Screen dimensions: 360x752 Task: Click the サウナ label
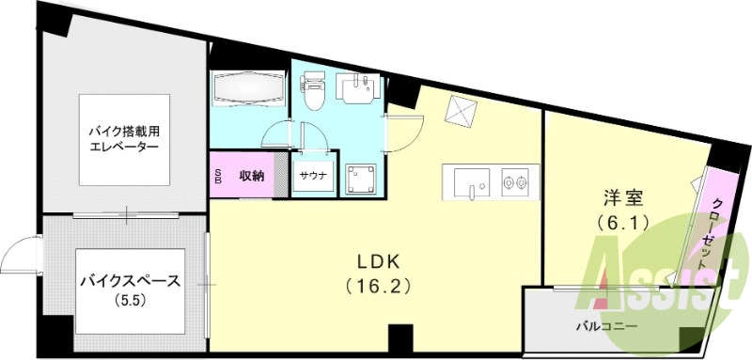[314, 176]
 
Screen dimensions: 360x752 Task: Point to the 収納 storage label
[251, 175]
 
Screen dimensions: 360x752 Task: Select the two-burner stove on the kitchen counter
[515, 182]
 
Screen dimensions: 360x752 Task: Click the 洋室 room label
[621, 198]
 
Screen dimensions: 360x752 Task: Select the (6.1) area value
[621, 223]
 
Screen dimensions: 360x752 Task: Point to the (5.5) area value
[125, 301]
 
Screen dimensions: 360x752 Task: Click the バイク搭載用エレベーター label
[123, 140]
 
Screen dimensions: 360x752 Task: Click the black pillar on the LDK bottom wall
[400, 335]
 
